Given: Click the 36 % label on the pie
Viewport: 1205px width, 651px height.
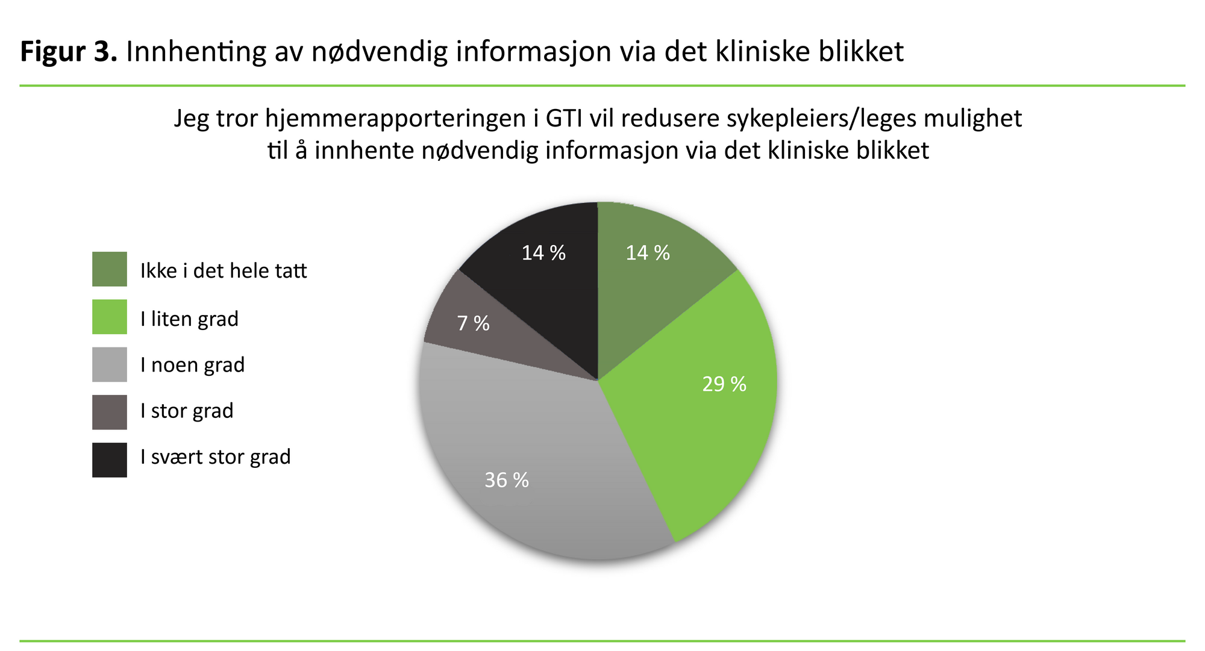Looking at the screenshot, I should point(507,480).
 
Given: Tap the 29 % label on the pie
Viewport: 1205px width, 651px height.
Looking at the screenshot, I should point(724,384).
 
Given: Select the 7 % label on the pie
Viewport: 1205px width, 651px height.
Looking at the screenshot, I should point(473,323).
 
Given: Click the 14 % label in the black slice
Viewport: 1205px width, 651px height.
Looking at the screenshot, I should point(543,253).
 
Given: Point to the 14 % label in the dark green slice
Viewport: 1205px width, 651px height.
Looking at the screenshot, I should point(648,253).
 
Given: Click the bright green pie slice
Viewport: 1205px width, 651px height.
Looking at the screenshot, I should point(693,422).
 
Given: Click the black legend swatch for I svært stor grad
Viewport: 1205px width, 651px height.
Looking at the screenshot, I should point(110,460).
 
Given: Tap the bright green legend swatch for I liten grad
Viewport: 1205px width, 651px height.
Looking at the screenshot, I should point(110,317).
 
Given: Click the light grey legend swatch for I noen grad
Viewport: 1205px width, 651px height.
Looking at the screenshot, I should point(110,364).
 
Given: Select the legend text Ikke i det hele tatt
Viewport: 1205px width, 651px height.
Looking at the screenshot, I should point(224,271).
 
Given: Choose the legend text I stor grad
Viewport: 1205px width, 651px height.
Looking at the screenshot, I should point(187,411).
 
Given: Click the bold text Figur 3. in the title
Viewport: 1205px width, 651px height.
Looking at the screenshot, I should point(68,52).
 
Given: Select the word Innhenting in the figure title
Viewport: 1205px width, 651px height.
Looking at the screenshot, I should point(196,52).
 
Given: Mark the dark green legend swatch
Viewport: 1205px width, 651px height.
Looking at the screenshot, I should point(110,269).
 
